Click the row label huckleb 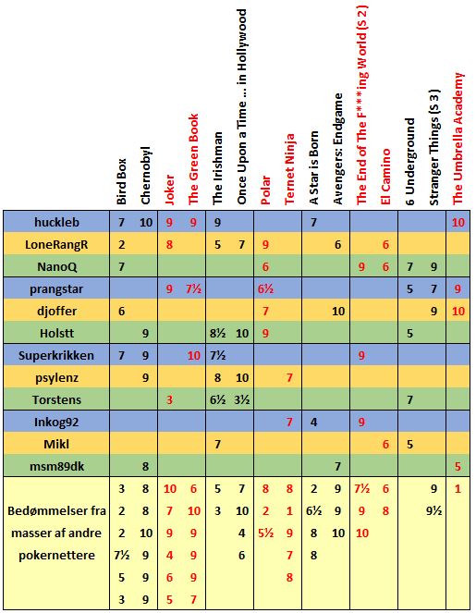pos(56,222)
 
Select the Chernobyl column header pos(145,176)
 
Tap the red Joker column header pos(169,190)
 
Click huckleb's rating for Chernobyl pos(146,223)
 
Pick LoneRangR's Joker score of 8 pos(169,245)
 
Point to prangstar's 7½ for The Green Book pos(193,289)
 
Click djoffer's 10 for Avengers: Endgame pos(338,312)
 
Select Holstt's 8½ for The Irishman pos(218,334)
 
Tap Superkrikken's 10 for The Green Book pos(194,356)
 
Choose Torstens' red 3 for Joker pos(169,400)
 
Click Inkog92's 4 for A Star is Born pos(314,423)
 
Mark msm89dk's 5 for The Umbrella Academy pos(458,466)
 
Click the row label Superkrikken pos(56,356)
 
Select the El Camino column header pos(385,176)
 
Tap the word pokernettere pos(56,555)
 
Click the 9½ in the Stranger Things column pos(433,511)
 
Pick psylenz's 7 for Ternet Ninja pos(289,377)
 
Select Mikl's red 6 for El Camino pos(385,444)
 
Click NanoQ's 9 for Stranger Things pos(433,267)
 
